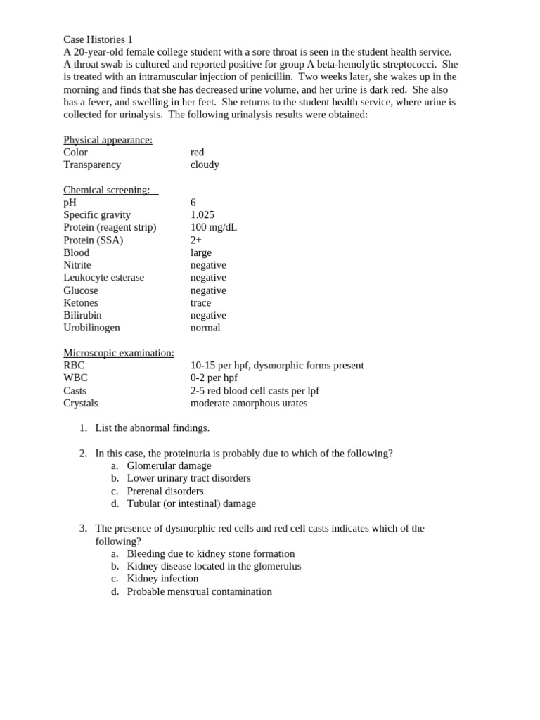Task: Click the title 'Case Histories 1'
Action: pos(98,39)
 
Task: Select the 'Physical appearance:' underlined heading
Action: pos(108,140)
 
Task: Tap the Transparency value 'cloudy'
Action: pos(205,165)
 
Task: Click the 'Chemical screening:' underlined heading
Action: pos(107,190)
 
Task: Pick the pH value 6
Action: pos(193,202)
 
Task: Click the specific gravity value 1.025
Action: pos(202,215)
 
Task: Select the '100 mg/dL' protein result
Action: pos(214,227)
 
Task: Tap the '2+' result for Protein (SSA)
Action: pos(196,240)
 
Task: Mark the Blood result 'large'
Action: pos(201,252)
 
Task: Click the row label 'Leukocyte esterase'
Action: pos(103,278)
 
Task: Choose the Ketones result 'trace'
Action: pos(200,303)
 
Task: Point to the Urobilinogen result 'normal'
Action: pos(205,328)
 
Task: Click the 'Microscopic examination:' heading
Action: pos(119,353)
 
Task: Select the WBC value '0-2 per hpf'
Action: pos(214,378)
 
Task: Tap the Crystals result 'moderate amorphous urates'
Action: pos(249,403)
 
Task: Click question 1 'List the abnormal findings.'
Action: pos(153,427)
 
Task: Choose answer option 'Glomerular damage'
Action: pos(169,465)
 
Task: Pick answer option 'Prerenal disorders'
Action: pos(165,491)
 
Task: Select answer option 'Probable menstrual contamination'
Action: pos(199,591)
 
